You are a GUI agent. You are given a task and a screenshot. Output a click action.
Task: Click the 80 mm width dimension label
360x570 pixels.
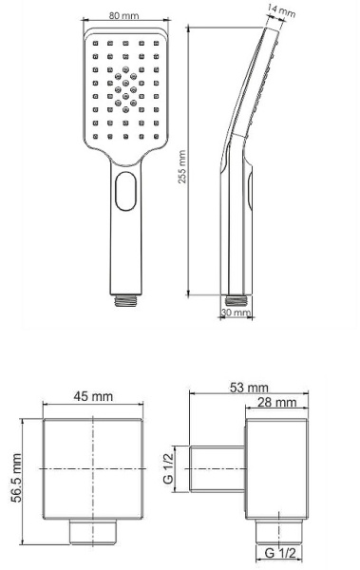121,16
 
